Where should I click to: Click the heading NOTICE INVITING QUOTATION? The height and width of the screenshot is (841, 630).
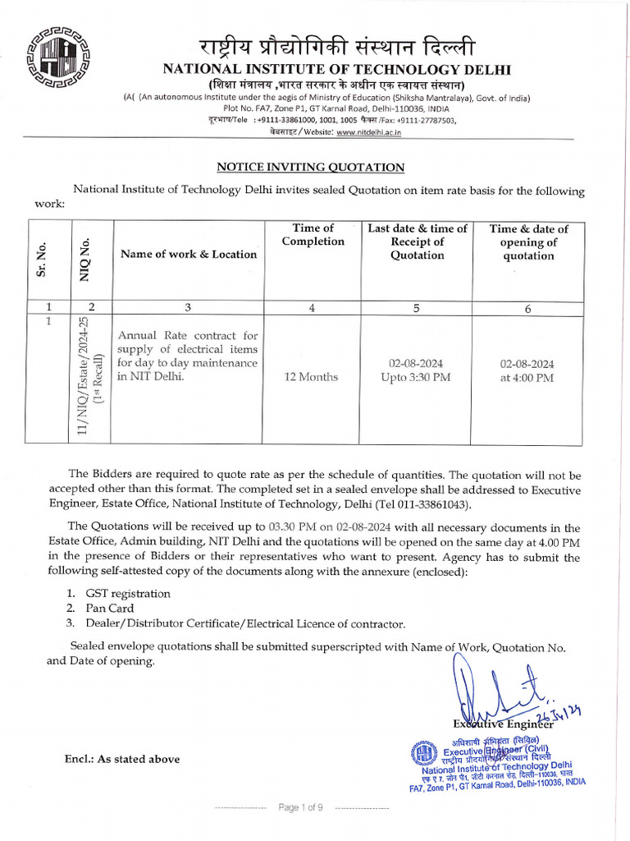coord(310,168)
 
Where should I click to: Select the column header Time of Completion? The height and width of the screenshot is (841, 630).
coord(313,235)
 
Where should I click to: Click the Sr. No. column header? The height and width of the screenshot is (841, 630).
coord(41,260)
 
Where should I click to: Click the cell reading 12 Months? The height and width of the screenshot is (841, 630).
coord(310,377)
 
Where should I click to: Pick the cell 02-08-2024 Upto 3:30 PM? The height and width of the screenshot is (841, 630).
coord(417,370)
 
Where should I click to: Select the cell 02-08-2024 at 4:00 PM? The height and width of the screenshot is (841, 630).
coord(527,370)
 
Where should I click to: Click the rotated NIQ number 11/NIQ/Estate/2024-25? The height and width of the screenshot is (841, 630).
coord(85,381)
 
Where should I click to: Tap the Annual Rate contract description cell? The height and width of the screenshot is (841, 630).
coord(187,356)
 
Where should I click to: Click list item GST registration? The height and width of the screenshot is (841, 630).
coord(128,594)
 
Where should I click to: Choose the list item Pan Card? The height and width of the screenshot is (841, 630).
coord(110,609)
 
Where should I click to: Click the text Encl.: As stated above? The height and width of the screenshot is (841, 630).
coord(122,759)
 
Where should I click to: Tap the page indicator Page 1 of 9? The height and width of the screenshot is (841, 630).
coord(301,807)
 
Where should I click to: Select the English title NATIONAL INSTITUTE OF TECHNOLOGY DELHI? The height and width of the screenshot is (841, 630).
coord(336,68)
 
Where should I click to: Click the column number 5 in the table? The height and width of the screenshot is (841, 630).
coord(417,309)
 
